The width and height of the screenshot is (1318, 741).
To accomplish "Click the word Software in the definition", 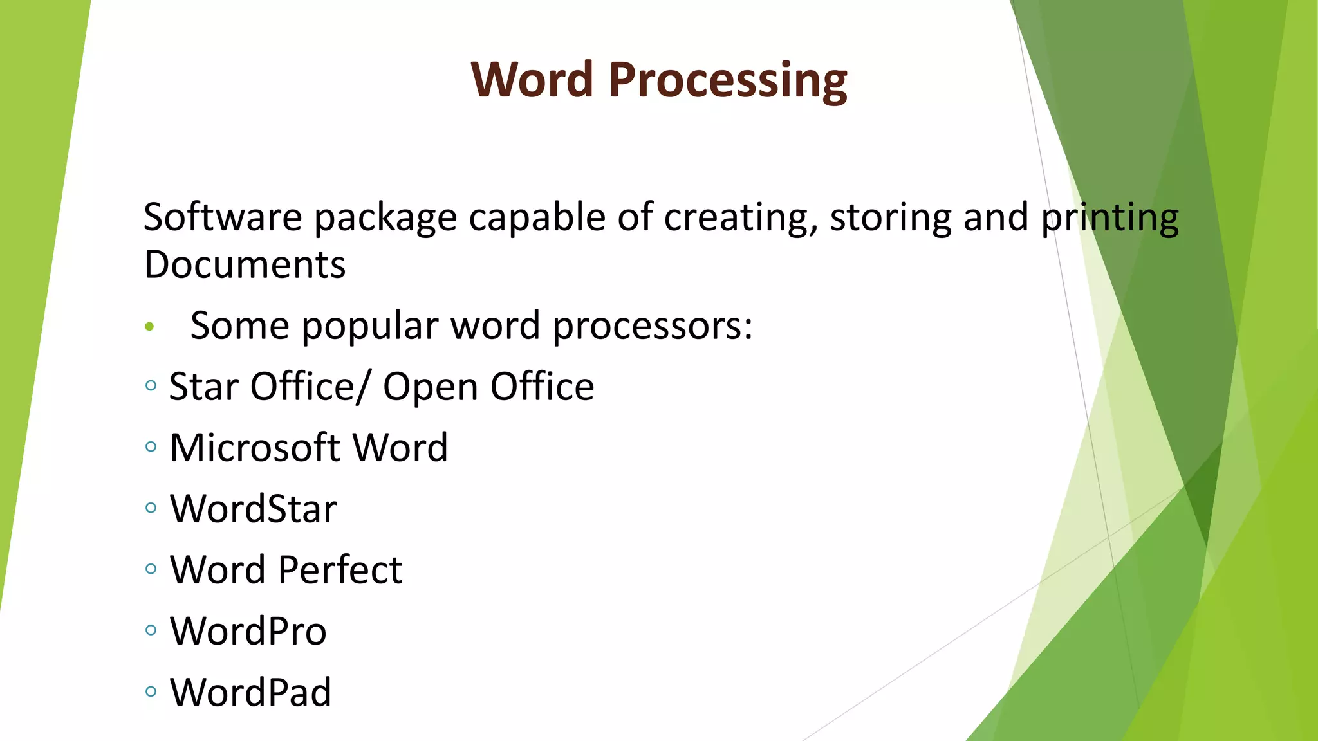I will tap(222, 217).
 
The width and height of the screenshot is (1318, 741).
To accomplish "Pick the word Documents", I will tap(245, 264).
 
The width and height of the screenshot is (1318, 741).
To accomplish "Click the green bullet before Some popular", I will tap(150, 327).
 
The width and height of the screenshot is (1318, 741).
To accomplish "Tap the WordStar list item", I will tap(253, 509).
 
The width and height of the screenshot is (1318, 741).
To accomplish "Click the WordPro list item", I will tap(248, 631).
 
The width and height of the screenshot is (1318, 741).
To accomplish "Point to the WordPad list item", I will tap(250, 692).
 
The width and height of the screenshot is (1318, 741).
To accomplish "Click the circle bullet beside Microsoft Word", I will tap(151, 446).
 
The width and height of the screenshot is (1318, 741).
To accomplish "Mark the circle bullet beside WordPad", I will tap(151, 691).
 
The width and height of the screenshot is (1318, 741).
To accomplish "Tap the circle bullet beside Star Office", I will tap(151, 385).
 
